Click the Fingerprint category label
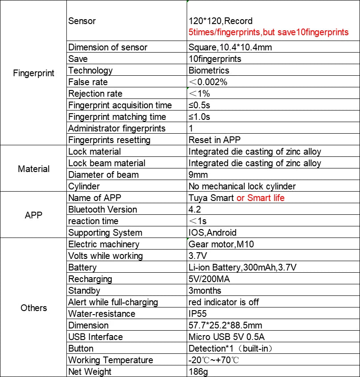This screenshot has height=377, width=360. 34,73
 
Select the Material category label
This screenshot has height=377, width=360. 34,169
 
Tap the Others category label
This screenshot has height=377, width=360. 34,308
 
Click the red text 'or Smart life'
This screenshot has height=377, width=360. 260,198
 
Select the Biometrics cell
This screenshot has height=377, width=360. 209,70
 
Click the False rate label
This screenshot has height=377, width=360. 88,82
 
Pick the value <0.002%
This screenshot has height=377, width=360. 208,82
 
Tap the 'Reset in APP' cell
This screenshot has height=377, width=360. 215,140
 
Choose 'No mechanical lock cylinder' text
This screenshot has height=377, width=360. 242,186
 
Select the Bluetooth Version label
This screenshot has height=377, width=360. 102,209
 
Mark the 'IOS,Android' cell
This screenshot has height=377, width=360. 213,233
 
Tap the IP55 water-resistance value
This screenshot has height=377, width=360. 198,314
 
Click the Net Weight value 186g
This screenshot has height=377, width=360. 198,372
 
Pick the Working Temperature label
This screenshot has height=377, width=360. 110,360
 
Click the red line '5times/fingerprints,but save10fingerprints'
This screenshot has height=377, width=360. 269,32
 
